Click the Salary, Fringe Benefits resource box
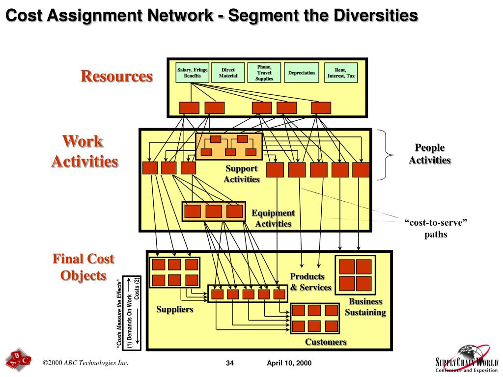click(x=193, y=73)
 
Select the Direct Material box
click(x=228, y=73)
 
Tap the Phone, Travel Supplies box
click(x=264, y=73)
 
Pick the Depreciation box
click(x=302, y=73)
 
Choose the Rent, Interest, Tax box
click(x=341, y=73)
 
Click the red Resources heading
click(x=117, y=77)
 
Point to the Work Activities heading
click(x=84, y=151)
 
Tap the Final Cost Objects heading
click(x=84, y=267)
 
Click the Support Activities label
click(x=242, y=174)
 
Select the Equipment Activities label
click(x=273, y=218)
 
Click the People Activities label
click(x=430, y=154)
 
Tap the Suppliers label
click(x=175, y=309)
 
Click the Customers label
click(x=326, y=342)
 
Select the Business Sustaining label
click(x=365, y=307)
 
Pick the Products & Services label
click(x=310, y=282)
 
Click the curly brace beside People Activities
click(x=388, y=155)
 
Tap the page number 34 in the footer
click(x=230, y=363)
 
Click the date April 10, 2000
click(x=289, y=363)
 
